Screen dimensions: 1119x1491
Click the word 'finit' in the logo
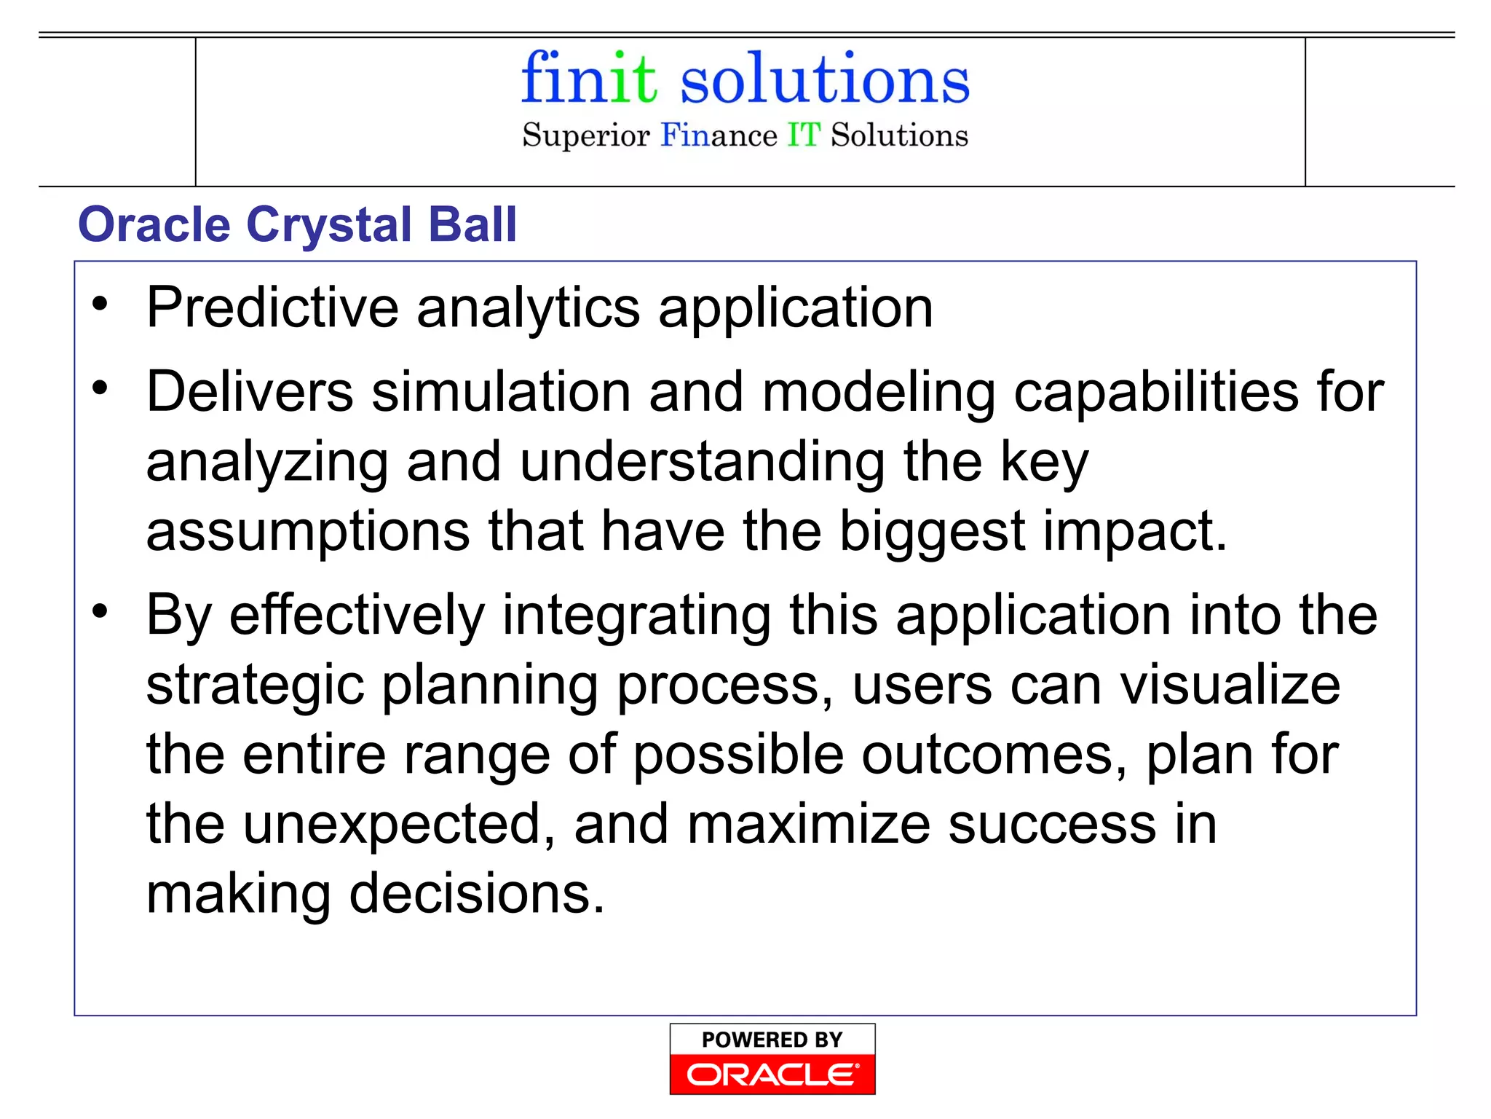pyautogui.click(x=588, y=78)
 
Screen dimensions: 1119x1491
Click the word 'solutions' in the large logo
pyautogui.click(x=824, y=79)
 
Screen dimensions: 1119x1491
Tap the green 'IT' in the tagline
pyautogui.click(x=804, y=136)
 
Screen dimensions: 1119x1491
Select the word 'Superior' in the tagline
pyautogui.click(x=585, y=136)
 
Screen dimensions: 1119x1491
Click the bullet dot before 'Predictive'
pyautogui.click(x=100, y=304)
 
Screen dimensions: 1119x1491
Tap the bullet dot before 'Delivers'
pyautogui.click(x=100, y=388)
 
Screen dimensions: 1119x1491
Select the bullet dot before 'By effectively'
pyautogui.click(x=100, y=610)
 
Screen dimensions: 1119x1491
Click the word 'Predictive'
pyautogui.click(x=272, y=308)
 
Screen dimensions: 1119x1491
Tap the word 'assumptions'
pyautogui.click(x=308, y=531)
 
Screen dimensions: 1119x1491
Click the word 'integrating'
pyautogui.click(x=636, y=615)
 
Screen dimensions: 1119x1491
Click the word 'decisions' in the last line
pyautogui.click(x=476, y=894)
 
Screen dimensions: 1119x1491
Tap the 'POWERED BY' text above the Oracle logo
pyautogui.click(x=772, y=1040)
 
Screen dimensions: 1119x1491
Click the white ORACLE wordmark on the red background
pyautogui.click(x=772, y=1075)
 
